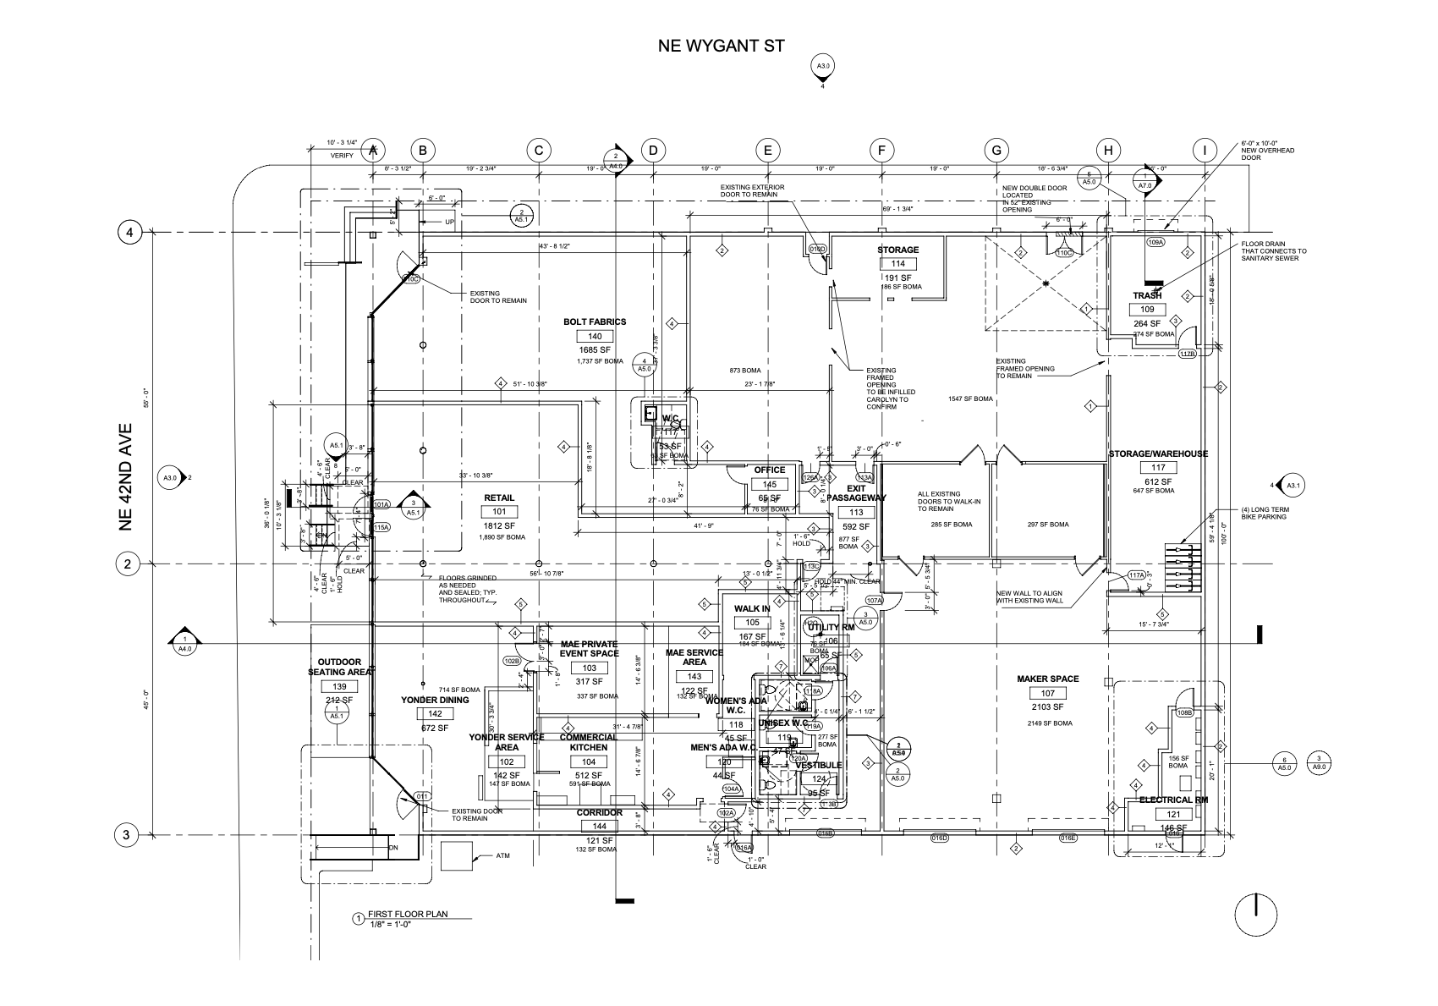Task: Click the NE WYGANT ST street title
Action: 721,46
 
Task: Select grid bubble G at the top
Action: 996,151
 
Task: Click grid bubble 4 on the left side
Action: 129,232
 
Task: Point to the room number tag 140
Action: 595,336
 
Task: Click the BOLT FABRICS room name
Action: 595,322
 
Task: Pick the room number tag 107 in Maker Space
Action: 1047,693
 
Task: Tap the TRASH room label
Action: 1147,296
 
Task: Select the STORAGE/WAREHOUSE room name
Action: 1158,454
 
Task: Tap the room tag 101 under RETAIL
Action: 499,512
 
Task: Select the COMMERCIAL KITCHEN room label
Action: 588,742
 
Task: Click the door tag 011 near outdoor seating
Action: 422,796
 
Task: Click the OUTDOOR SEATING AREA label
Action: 339,667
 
